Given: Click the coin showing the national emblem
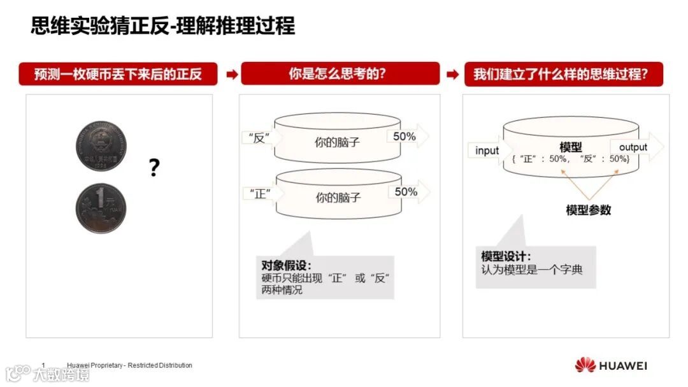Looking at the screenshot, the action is point(101,146).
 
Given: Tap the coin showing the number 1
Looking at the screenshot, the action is point(101,208).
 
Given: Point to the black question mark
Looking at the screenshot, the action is point(154,168).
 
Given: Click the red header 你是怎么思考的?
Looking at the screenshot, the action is point(340,73).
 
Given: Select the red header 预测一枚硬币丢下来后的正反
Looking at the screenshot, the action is point(118,74).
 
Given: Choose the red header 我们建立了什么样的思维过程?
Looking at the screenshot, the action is point(564,74).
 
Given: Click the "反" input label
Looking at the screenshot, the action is point(259,138).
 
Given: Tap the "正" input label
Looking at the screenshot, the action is point(260,194).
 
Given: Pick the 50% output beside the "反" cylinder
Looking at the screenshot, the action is point(404,136).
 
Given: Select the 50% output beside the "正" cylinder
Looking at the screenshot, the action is point(406,192).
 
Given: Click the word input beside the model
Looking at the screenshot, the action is point(487,150).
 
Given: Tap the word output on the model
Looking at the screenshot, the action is point(633,147).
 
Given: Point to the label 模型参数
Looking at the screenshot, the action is point(589,210).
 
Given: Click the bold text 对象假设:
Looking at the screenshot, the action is point(286,265).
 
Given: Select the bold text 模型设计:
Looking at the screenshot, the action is point(506,256).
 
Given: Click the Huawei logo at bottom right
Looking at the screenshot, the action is point(611,365).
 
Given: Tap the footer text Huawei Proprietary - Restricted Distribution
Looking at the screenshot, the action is point(129,365).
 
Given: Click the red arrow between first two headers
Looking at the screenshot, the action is point(232,74).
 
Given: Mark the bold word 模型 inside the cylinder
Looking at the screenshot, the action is point(570,147).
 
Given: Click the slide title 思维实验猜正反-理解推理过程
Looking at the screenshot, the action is point(163,26).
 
